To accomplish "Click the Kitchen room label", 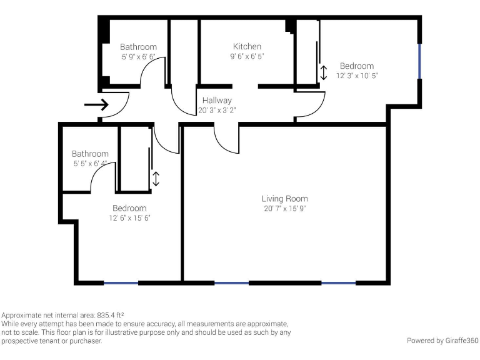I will (247, 46).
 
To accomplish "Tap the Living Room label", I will (284, 199).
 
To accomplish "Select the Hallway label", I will (217, 100).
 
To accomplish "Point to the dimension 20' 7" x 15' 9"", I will (284, 209).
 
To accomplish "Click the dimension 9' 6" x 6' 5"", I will (247, 56).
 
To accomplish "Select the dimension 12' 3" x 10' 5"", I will (357, 76).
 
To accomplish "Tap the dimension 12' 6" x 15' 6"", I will (129, 218).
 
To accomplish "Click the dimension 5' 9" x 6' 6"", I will (138, 56).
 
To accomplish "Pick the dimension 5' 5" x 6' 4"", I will (90, 163).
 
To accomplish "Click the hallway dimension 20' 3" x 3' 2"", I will (217, 110).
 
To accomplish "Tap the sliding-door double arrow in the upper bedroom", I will (323, 72).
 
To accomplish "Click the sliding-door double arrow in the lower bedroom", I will (156, 179).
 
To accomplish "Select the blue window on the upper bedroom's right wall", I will (419, 60).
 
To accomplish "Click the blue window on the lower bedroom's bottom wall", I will (121, 282).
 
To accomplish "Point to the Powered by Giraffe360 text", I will (442, 341).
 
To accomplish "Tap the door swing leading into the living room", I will (226, 139).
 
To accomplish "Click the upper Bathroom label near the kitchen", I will (138, 47).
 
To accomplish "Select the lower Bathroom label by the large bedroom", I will (90, 154).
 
